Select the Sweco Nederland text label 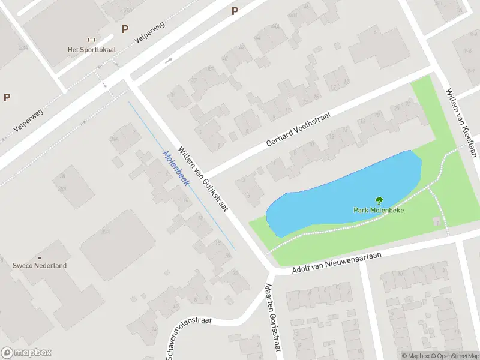coord(40,265)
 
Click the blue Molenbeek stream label coord(175,168)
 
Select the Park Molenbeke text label coord(378,210)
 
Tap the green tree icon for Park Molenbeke coord(379,201)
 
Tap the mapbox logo coord(26,353)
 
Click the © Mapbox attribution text coord(416,356)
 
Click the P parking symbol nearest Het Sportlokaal coord(125,29)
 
